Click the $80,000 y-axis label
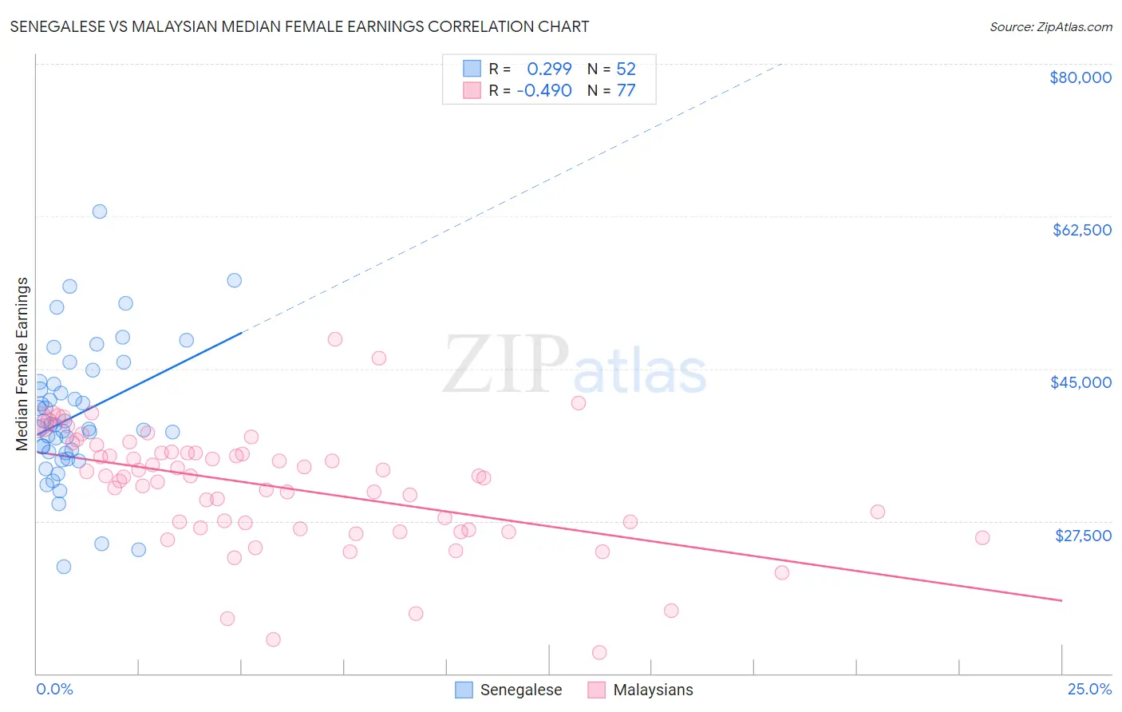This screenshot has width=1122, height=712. (1080, 77)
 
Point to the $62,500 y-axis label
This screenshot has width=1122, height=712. (1081, 230)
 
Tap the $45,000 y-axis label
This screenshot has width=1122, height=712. (1081, 382)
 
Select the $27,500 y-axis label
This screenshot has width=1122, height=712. (1083, 536)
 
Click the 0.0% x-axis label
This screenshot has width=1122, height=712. (54, 689)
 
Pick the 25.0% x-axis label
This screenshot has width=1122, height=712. (1089, 689)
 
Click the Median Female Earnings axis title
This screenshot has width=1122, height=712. (22, 364)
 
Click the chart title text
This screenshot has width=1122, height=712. (299, 26)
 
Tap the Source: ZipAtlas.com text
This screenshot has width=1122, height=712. (1050, 27)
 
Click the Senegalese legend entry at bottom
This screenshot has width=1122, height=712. (520, 690)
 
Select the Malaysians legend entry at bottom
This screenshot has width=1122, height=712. (653, 690)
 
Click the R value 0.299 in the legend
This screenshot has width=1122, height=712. (549, 69)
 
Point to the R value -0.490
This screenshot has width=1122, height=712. (544, 90)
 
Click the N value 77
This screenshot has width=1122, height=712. (626, 90)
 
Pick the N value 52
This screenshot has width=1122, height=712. (626, 69)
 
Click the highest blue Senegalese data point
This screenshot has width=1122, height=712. (100, 212)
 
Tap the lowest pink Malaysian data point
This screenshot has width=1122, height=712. (599, 652)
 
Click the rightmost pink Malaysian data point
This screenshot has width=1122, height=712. (982, 537)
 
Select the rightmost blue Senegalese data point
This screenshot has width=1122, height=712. (234, 280)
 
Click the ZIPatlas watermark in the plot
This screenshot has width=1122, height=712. (575, 366)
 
